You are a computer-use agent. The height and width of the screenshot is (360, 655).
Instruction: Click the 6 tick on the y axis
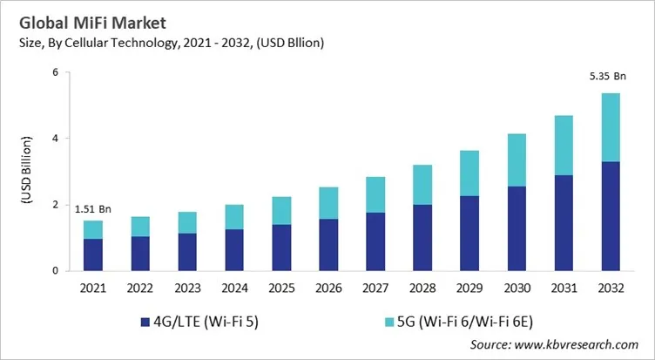coord(54,72)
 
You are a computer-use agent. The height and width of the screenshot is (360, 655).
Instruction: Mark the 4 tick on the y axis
coord(54,139)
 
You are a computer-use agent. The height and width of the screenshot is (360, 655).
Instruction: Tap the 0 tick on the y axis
coord(54,271)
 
